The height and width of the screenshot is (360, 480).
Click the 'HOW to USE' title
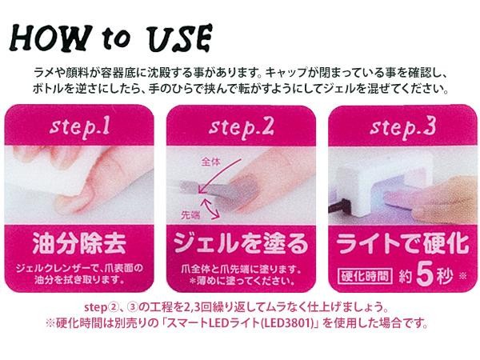click(110, 38)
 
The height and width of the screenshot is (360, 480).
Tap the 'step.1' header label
click(79, 126)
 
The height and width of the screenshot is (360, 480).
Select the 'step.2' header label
click(242, 126)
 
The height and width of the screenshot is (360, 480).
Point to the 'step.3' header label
click(403, 126)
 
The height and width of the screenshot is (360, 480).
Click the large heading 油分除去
click(79, 243)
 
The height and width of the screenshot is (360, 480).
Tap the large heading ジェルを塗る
click(241, 243)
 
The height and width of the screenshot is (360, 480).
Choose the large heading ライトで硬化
click(402, 244)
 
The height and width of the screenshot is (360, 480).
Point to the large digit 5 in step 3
click(426, 274)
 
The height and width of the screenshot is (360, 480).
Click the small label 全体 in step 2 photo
click(210, 162)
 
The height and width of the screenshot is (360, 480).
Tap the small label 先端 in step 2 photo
click(190, 215)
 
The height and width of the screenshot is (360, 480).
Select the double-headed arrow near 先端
click(211, 208)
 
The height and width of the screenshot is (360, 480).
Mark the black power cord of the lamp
click(339, 205)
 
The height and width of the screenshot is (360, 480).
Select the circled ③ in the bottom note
click(133, 306)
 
